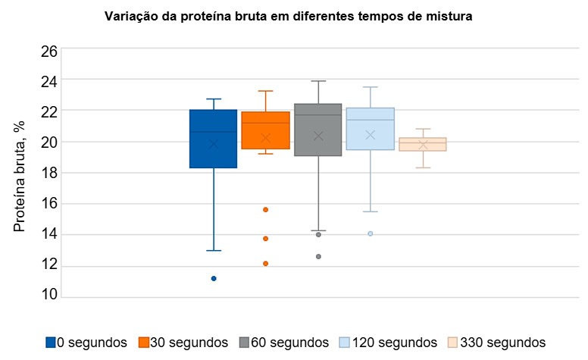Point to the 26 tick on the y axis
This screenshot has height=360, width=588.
(x=48, y=52)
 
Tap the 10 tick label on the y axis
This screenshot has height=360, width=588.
(x=48, y=296)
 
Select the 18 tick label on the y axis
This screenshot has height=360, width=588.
(x=48, y=173)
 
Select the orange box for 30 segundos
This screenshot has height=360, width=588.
(x=265, y=130)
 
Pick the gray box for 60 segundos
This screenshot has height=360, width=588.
(x=317, y=130)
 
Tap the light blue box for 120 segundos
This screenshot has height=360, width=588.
(x=370, y=129)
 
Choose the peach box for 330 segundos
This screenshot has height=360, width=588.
(x=423, y=144)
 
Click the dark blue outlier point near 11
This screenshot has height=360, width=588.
(x=214, y=278)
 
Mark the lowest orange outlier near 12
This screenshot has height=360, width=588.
(x=266, y=264)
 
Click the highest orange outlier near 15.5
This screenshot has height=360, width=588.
(x=266, y=209)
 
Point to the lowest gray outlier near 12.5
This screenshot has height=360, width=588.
(x=318, y=257)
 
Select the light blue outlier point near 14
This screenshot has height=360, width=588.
(x=371, y=233)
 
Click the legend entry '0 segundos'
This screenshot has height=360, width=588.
(x=86, y=343)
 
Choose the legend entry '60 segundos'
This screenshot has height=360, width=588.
(x=283, y=343)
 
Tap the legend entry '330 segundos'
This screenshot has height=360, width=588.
(x=496, y=343)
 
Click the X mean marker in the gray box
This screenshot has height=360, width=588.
(x=318, y=136)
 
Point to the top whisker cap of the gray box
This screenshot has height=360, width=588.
(x=318, y=81)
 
